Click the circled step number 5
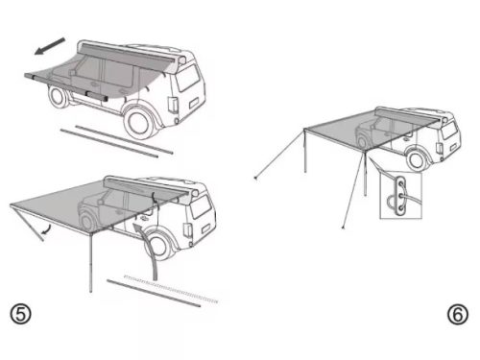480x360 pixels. [21, 314]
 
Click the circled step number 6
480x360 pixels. [458, 314]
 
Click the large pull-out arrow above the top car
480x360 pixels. [50, 46]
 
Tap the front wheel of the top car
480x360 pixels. [59, 96]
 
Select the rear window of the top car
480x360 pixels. [188, 78]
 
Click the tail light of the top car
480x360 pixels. [173, 105]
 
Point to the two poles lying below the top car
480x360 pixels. [117, 141]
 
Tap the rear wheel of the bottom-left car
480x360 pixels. [160, 245]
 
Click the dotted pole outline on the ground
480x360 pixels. [171, 289]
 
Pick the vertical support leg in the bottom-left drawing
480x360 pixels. [91, 262]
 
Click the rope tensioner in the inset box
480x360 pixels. [400, 196]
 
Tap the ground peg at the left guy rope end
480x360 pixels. [255, 178]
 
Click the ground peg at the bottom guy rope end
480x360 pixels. [343, 228]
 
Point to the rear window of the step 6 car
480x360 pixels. [448, 131]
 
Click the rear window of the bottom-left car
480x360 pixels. [201, 206]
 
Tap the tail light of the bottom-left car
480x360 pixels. [188, 230]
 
